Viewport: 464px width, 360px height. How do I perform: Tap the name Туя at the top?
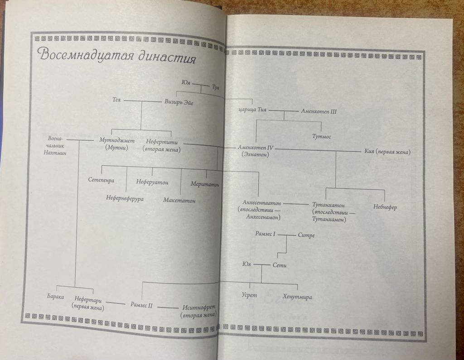(216, 87)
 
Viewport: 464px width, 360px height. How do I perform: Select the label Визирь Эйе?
(179, 102)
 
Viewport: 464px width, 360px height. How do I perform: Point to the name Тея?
(116, 100)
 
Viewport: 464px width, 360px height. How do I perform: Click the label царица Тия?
(252, 110)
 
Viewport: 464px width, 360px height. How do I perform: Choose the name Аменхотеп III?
(319, 111)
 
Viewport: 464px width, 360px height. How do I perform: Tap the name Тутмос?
(322, 137)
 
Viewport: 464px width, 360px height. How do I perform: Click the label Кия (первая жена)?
(387, 152)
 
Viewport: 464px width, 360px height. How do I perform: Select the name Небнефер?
(385, 207)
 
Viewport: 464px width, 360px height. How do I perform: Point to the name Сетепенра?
(101, 180)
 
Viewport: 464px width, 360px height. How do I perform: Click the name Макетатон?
(179, 200)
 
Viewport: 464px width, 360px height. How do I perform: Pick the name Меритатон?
(205, 184)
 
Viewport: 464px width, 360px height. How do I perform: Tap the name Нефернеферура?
(125, 198)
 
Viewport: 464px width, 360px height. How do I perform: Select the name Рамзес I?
(266, 234)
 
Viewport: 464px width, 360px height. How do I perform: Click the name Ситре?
(306, 235)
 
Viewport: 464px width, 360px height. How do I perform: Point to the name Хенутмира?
(297, 297)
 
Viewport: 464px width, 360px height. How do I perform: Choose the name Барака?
(55, 297)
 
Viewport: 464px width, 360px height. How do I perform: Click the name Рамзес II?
(141, 305)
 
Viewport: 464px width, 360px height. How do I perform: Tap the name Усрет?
(249, 295)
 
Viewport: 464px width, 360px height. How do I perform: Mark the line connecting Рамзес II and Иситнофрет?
(168, 307)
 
